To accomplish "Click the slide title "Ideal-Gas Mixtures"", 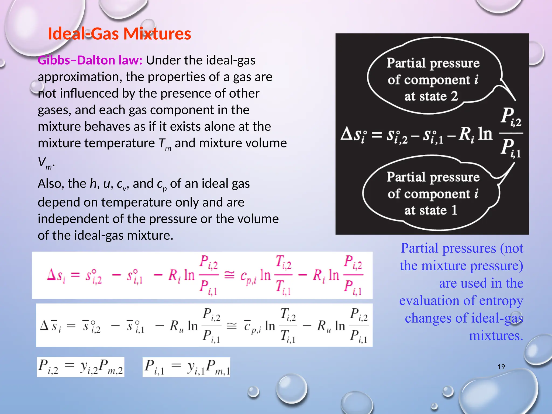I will point(119,34).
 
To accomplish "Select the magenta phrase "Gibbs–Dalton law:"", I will point(90,60).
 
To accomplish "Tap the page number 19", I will point(501,367).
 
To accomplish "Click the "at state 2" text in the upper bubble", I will point(431,96).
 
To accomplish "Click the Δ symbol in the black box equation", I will point(347,134).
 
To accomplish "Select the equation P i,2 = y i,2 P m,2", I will point(81,367).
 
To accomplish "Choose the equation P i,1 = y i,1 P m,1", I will point(187,367).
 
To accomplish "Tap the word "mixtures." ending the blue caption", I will point(496,336).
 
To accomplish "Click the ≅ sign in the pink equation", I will point(229,275).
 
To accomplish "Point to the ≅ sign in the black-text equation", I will point(232,326).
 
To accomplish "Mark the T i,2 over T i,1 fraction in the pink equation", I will point(283,275).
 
